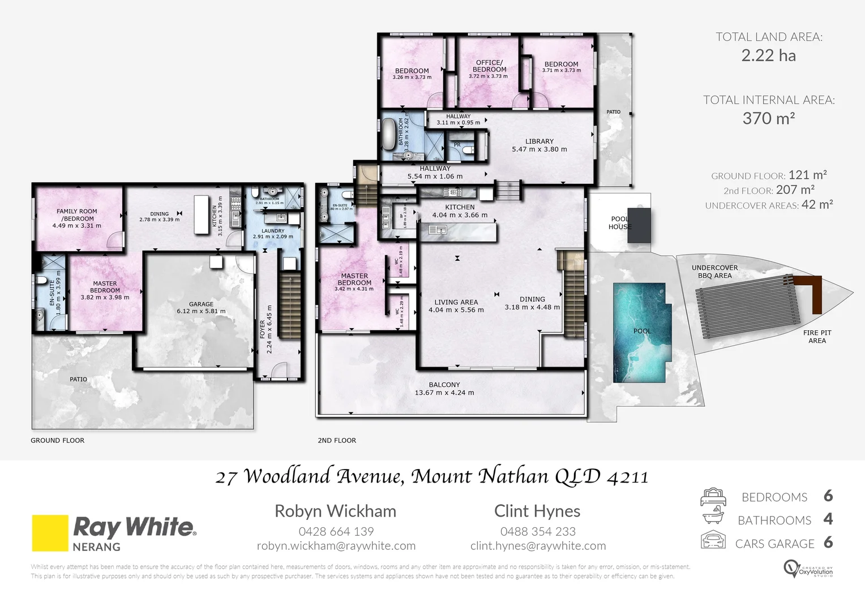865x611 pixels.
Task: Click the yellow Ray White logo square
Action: [x=50, y=532]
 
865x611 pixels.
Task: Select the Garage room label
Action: [x=201, y=304]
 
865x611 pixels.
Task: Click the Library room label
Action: [x=539, y=141]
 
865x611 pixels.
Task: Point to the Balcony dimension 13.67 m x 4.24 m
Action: [x=444, y=393]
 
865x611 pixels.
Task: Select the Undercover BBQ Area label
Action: [x=714, y=272]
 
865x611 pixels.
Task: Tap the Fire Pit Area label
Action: [x=817, y=337]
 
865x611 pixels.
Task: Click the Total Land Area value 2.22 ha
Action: [x=768, y=55]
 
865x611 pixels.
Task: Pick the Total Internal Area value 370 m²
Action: [x=768, y=118]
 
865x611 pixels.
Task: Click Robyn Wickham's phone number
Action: [x=336, y=532]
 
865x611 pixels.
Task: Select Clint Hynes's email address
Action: [x=538, y=546]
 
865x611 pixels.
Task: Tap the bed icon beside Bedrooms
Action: [x=713, y=497]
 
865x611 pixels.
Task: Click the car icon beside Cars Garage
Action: [x=713, y=541]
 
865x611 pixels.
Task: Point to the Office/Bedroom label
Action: [x=489, y=66]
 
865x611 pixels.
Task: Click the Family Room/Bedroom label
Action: [x=77, y=215]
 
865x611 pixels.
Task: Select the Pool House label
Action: [x=620, y=223]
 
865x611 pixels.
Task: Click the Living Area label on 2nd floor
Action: [x=456, y=302]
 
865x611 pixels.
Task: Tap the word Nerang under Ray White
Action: [x=96, y=547]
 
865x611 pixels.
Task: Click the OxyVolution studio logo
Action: [x=808, y=568]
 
